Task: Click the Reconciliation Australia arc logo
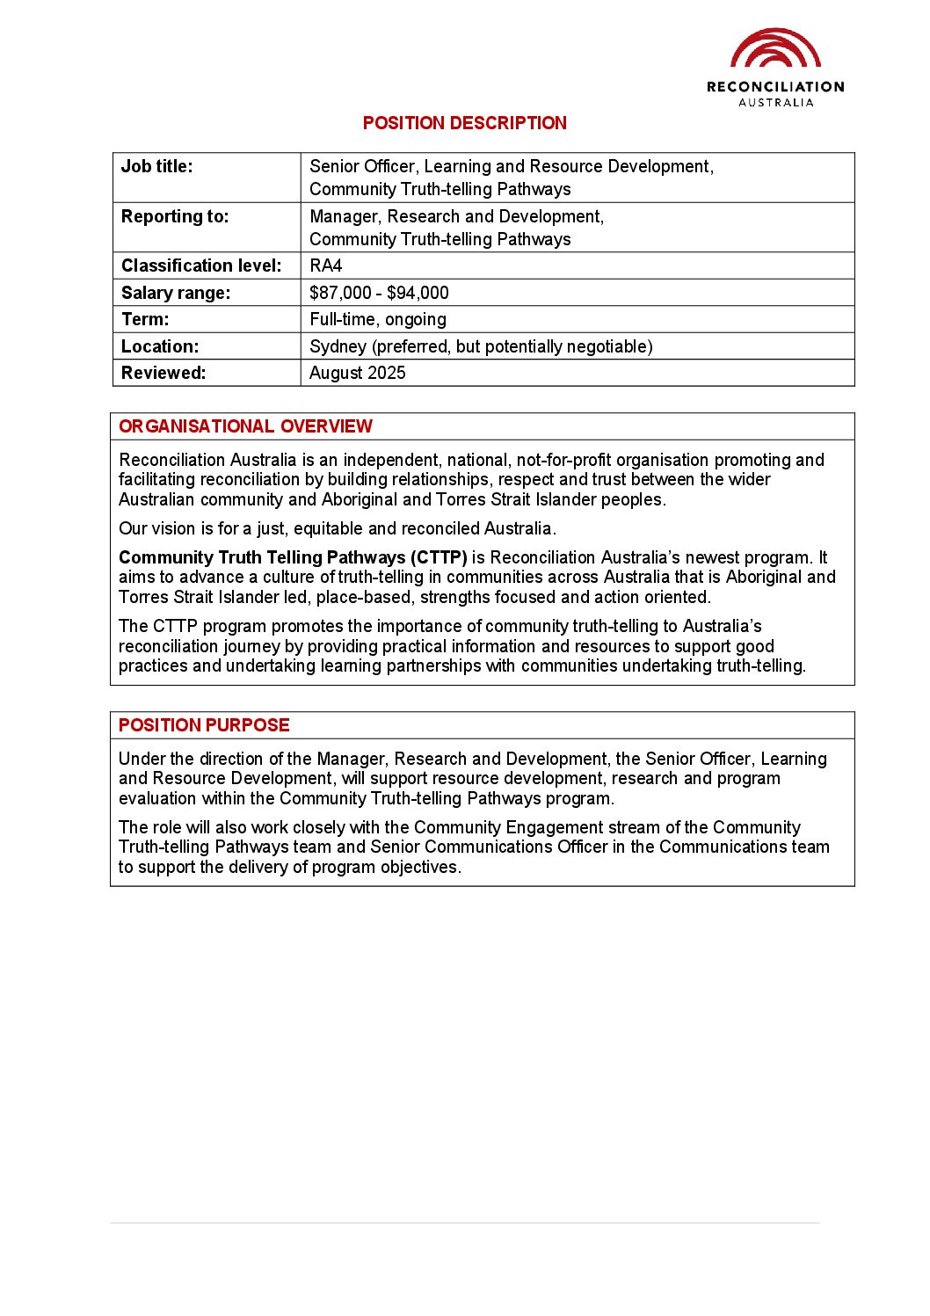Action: pos(775,49)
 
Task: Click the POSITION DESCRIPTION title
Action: pos(464,123)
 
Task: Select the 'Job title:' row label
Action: pos(156,166)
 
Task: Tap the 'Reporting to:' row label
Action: pos(174,216)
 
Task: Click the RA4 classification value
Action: pos(325,265)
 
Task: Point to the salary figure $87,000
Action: pos(340,293)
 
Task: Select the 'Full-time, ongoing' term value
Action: pos(378,319)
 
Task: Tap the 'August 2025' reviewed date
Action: pos(358,373)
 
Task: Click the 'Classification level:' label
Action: pos(201,265)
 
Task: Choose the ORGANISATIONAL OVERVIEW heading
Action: pos(245,426)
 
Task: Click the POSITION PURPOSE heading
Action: pos(204,725)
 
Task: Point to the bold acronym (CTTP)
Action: pos(439,557)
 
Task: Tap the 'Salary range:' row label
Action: pos(175,293)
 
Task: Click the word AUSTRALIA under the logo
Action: pos(775,103)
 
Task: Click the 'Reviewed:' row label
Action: pos(163,373)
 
